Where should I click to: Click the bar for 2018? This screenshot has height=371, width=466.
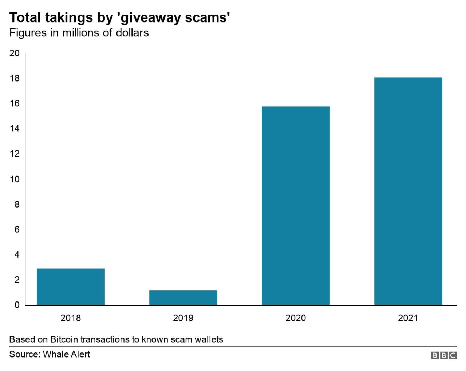(71, 287)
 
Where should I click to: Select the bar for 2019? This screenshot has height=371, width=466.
(183, 297)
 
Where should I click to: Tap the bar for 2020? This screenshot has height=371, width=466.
(296, 206)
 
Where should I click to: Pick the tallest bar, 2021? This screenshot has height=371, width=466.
(408, 191)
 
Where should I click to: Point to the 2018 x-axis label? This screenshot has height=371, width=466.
(71, 318)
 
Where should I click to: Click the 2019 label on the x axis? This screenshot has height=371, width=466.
(183, 318)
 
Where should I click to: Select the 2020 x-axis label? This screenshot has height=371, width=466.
(296, 318)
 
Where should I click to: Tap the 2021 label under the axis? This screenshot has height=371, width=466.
(408, 318)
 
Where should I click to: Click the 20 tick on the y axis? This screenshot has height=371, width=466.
(15, 53)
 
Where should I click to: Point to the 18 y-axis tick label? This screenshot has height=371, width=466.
(15, 78)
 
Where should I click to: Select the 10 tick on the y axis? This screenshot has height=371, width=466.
(15, 179)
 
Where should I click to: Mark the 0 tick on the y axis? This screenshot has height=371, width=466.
(17, 305)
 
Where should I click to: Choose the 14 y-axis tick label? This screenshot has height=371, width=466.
(15, 129)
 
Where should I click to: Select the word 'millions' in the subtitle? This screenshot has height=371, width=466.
(81, 33)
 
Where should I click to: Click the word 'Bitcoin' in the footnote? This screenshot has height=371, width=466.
(64, 339)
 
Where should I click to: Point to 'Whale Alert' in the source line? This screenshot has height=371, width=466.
(66, 354)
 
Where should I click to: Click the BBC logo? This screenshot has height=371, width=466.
(443, 355)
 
